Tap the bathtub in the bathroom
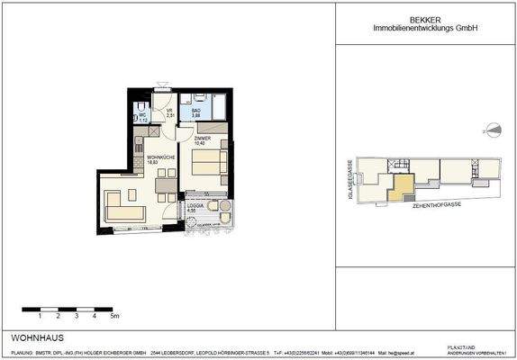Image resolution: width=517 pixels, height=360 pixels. click(x=206, y=102)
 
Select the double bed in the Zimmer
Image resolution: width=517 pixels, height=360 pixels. click(x=209, y=163)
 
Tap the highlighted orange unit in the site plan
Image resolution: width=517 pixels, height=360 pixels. click(x=404, y=187)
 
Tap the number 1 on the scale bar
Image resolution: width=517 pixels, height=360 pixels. click(x=40, y=317)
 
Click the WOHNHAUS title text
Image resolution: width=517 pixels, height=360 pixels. click(x=32, y=337)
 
